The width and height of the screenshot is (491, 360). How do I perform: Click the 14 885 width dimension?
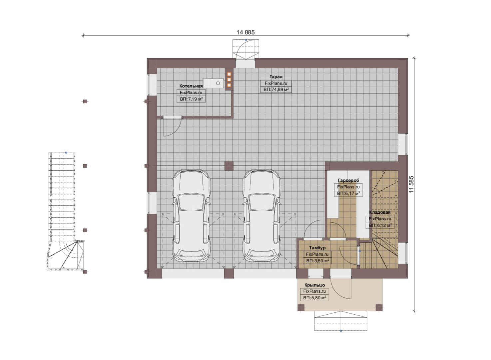[x=245, y=32]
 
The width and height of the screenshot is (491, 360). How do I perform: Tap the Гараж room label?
[x=276, y=77]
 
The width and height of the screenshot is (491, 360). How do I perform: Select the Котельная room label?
[x=191, y=86]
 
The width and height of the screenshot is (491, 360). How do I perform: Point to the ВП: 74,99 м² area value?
[x=276, y=90]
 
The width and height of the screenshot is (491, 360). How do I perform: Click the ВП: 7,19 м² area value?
[x=191, y=99]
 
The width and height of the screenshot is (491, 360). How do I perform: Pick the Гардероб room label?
[x=348, y=180]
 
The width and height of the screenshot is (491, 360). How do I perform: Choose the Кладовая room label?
[x=380, y=212]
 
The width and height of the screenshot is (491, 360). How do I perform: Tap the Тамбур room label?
[x=317, y=248]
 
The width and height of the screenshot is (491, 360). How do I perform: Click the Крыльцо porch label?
[x=314, y=285]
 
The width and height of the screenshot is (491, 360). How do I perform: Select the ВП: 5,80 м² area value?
[x=314, y=298]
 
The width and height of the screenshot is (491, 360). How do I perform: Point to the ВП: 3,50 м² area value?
[x=317, y=261]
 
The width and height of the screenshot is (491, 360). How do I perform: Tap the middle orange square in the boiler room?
[x=229, y=80]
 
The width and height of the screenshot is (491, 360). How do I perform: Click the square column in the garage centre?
[x=229, y=166]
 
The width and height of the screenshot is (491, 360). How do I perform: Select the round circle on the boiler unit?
[x=218, y=83]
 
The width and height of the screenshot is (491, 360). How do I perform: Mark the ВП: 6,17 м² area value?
[x=348, y=193]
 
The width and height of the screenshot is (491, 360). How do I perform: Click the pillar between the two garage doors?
[x=229, y=274]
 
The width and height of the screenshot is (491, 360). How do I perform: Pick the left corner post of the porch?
[x=301, y=308]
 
